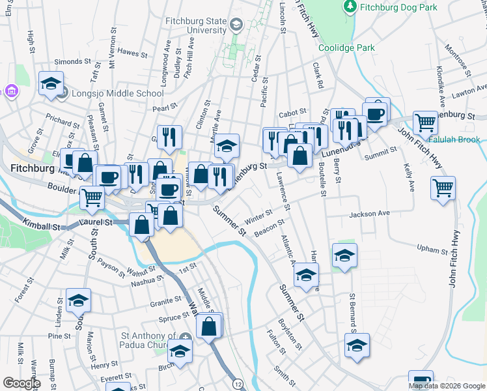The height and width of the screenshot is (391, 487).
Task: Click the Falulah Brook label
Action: point(454,139)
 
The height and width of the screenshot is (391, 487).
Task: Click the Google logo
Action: point(21,383)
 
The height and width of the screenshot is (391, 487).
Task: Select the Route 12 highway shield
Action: point(238,384)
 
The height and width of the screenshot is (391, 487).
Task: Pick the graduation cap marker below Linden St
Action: point(78,300)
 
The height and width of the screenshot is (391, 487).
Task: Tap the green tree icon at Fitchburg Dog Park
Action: point(350,7)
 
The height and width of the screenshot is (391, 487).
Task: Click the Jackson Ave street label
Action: point(369,214)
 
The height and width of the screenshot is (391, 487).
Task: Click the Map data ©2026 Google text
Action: point(447,386)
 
